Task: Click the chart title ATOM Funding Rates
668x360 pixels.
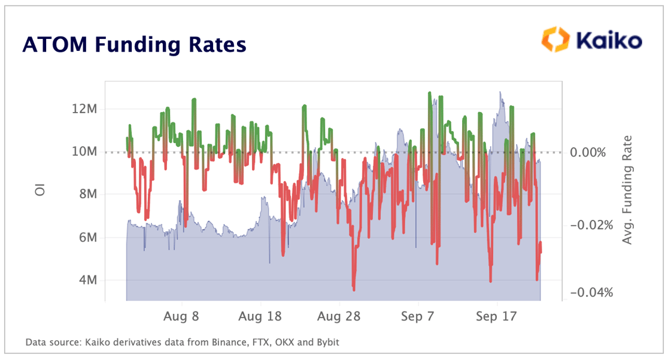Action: coord(134,45)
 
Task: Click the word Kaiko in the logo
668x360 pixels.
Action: coord(609,40)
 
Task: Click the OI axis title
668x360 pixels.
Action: coord(40,191)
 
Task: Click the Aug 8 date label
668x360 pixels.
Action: coord(181,316)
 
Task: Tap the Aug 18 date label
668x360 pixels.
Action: coord(260,316)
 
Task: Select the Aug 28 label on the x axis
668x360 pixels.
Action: coord(338,316)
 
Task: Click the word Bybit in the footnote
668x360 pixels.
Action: coord(327,343)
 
